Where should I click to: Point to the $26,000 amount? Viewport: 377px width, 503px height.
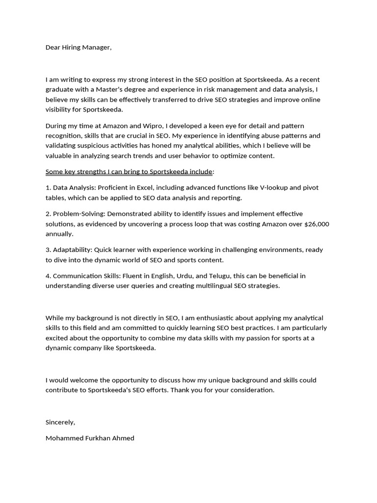pyautogui.click(x=317, y=224)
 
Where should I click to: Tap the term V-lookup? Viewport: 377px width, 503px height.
pyautogui.click(x=268, y=188)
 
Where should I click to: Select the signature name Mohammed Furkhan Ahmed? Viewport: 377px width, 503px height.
pyautogui.click(x=90, y=438)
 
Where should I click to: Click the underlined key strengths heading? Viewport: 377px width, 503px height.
pyautogui.click(x=129, y=172)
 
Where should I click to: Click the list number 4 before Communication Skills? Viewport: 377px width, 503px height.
pyautogui.click(x=48, y=276)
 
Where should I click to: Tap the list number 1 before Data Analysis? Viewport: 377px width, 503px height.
pyautogui.click(x=48, y=188)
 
